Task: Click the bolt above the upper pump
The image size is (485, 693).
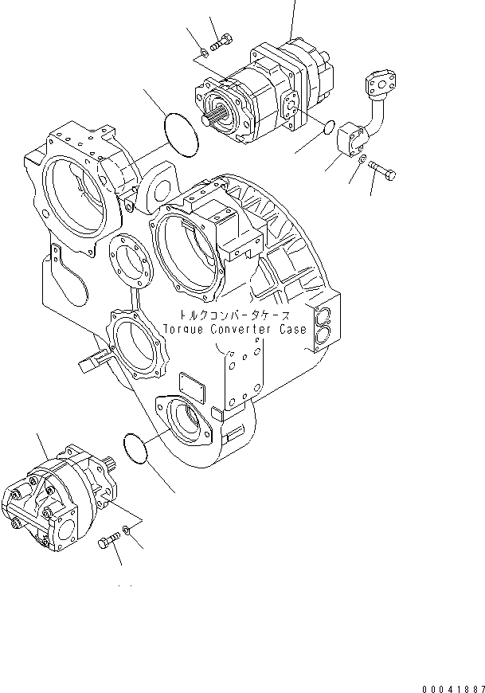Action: click(x=221, y=41)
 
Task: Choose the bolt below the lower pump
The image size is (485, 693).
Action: click(x=108, y=544)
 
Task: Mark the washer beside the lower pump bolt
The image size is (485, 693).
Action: click(x=127, y=531)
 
